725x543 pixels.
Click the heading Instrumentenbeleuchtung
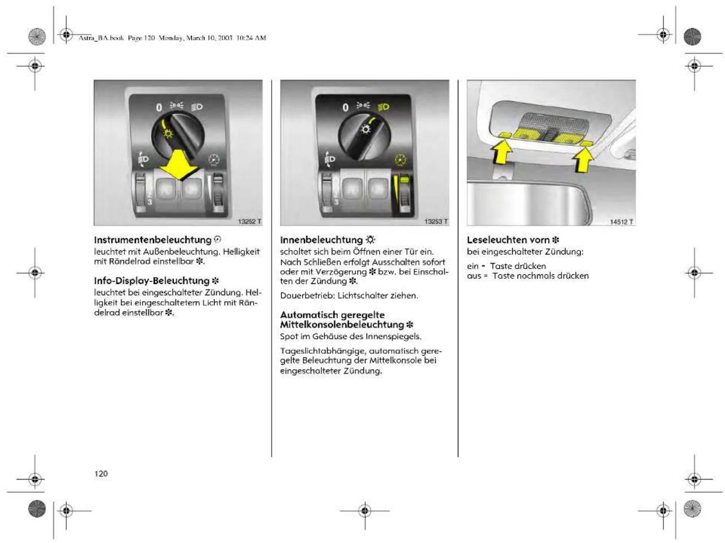(x=153, y=240)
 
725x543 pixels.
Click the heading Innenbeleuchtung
(x=321, y=240)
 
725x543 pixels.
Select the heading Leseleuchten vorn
(x=508, y=240)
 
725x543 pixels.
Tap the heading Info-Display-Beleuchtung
(x=152, y=281)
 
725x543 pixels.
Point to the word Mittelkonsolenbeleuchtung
(x=342, y=325)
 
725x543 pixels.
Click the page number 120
(x=101, y=473)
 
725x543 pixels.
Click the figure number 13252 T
(x=250, y=222)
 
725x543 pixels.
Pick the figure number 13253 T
(x=436, y=222)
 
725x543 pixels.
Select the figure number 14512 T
(x=621, y=222)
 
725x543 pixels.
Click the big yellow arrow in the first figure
(x=179, y=165)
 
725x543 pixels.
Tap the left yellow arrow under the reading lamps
(x=502, y=152)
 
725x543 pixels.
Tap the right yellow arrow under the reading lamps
(x=583, y=160)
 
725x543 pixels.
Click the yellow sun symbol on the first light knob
(x=168, y=133)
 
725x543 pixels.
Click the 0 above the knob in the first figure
(x=159, y=107)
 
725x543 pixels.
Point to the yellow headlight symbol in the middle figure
(x=383, y=107)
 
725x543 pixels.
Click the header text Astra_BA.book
(x=101, y=38)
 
